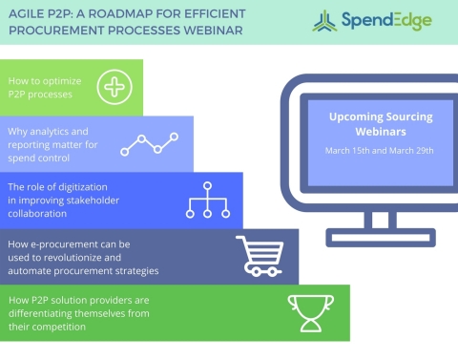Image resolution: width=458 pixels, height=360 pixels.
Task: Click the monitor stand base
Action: tap(379, 236)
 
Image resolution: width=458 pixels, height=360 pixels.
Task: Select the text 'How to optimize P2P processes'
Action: tap(43, 86)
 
